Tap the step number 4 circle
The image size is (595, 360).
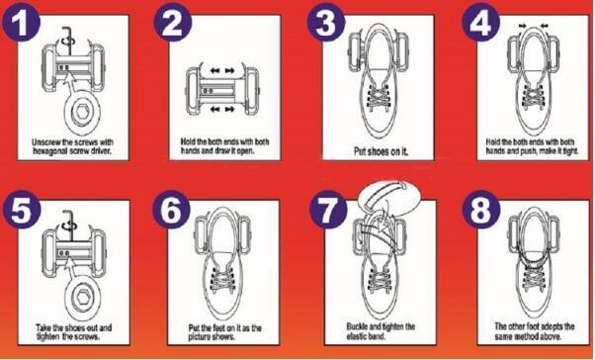[480, 23]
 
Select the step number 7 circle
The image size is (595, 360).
[328, 210]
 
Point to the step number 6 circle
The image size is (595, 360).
[172, 210]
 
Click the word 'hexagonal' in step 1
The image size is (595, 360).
[50, 151]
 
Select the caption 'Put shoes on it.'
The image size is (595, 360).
[381, 151]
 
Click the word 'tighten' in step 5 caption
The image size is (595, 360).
[48, 337]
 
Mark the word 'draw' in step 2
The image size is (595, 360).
[219, 150]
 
